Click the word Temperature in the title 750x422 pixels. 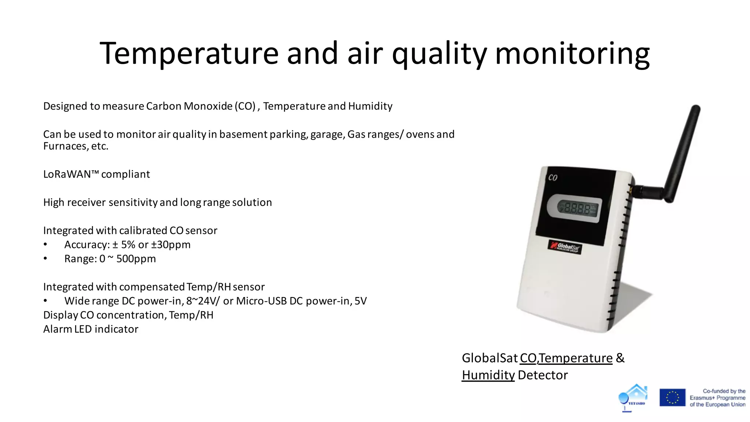click(x=189, y=53)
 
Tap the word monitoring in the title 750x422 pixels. click(x=572, y=53)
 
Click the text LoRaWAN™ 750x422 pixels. click(x=71, y=174)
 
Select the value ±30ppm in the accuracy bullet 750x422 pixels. click(x=171, y=244)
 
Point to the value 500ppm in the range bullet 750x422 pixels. click(x=136, y=259)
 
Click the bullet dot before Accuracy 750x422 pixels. click(x=45, y=244)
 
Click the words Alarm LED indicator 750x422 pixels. click(x=91, y=329)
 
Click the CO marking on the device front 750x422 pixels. click(x=553, y=178)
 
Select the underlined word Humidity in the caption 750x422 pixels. click(x=488, y=375)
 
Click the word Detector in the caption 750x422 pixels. click(x=542, y=375)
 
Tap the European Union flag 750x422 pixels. click(x=672, y=398)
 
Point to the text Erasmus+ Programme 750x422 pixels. click(x=717, y=398)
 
